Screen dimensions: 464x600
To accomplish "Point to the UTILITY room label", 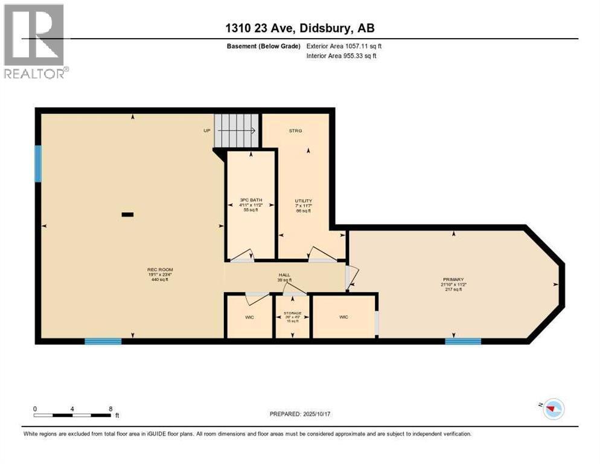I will (303, 201).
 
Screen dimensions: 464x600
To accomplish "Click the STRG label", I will (295, 130).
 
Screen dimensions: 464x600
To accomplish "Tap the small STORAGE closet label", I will (292, 314).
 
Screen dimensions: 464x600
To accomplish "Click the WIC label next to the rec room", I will (249, 317).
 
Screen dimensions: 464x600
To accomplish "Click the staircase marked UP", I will (237, 129).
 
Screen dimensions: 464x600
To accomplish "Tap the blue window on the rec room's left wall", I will (38, 164).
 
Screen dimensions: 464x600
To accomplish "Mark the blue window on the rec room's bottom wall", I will (103, 341).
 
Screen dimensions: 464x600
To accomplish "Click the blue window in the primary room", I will (463, 341).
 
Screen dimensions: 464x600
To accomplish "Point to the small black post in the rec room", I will (127, 214).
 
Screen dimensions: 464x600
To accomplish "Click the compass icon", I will (552, 409).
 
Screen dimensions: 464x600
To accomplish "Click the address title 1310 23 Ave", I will (299, 28).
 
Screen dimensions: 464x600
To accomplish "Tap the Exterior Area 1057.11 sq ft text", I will (345, 46).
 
